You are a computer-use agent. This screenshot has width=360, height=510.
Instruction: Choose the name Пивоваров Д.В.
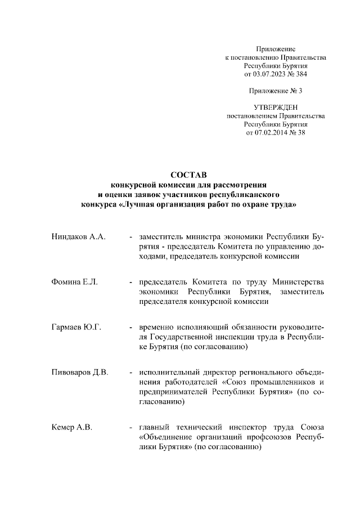(80, 372)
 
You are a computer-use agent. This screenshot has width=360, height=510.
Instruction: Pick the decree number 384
(301, 74)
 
